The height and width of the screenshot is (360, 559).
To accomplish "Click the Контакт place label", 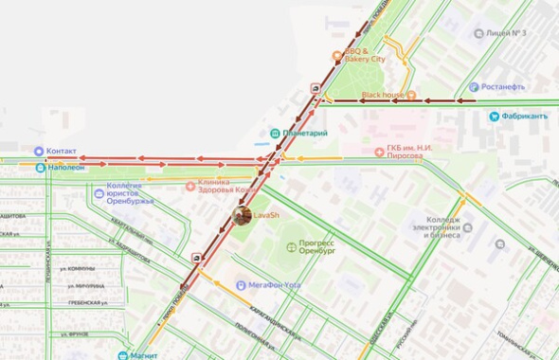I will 62,151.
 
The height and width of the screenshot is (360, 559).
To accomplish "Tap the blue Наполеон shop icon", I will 40,168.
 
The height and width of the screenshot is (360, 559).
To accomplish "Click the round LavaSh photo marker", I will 242,216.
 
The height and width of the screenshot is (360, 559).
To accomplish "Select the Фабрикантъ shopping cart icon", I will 495,117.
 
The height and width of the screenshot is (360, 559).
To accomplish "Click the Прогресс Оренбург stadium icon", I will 291,247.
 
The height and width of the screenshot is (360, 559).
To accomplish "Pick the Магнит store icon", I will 123,355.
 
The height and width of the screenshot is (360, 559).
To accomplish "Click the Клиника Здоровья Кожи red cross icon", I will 190,186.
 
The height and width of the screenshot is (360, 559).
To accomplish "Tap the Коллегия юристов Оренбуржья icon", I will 99,193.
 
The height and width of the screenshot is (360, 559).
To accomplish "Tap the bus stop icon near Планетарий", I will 314,88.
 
